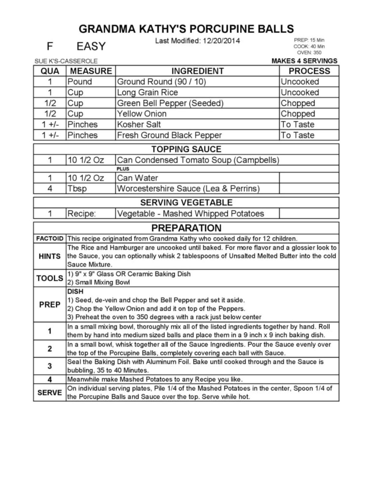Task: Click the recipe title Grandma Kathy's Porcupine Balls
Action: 186,29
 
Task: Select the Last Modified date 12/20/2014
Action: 221,41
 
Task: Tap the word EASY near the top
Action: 91,46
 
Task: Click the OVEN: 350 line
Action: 309,53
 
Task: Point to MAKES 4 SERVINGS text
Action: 304,61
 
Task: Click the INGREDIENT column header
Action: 197,71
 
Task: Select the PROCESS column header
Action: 309,71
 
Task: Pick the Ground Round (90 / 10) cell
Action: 162,82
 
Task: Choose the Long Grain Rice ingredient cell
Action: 148,92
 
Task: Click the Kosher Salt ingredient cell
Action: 139,124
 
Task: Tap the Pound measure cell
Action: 80,82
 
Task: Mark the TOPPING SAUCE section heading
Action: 186,149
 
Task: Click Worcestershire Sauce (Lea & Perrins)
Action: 188,188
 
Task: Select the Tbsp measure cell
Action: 77,188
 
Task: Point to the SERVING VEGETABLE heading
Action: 186,202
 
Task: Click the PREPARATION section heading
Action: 186,228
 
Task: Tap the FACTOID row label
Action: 50,239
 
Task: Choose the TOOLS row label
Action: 50,278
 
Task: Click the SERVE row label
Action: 50,393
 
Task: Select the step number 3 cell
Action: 50,366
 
